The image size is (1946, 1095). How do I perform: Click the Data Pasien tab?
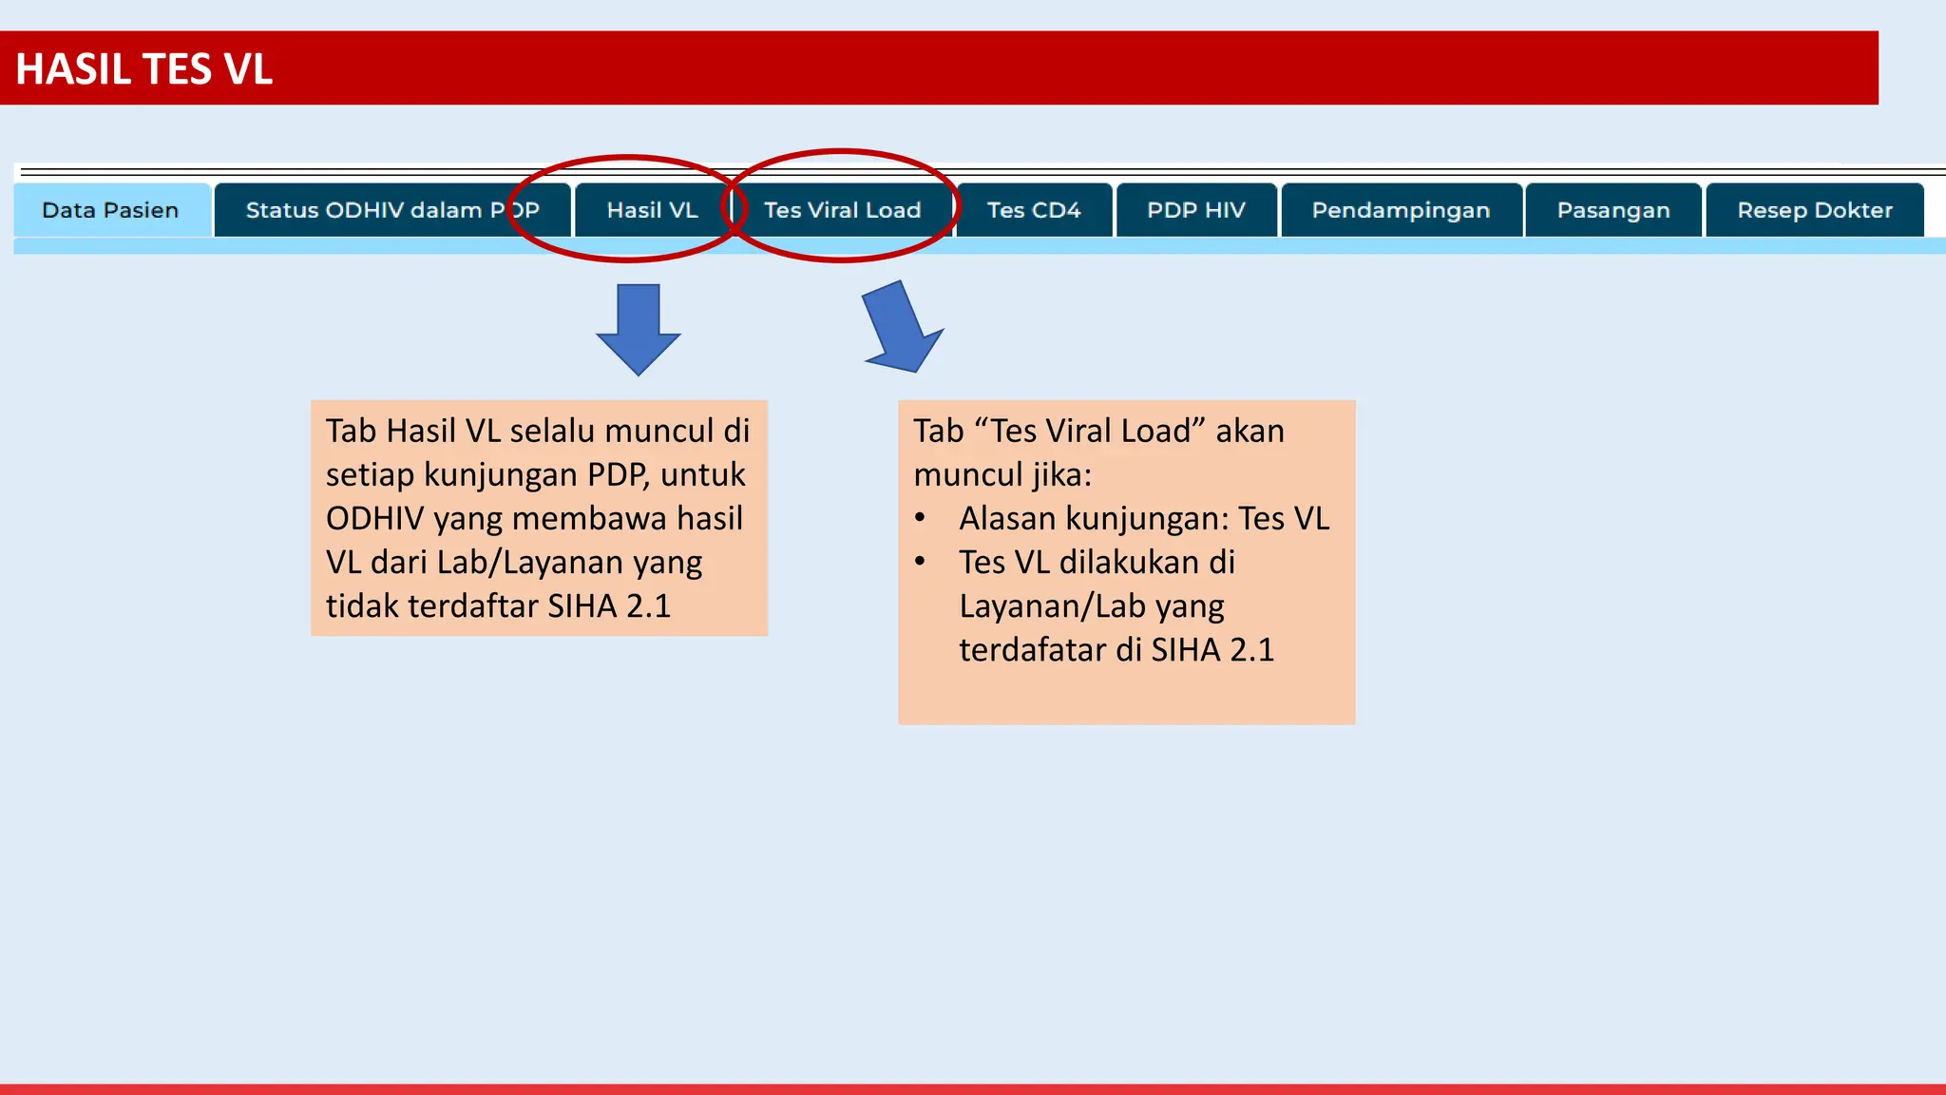[x=110, y=210]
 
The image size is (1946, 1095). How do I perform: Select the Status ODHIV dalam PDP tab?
[x=391, y=210]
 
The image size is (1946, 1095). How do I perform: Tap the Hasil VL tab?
[x=652, y=210]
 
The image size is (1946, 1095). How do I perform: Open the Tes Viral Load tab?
[x=842, y=210]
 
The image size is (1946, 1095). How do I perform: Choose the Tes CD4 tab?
[x=1033, y=210]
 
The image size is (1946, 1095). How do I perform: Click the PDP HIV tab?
[x=1195, y=210]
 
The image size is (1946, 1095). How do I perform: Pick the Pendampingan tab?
[x=1401, y=210]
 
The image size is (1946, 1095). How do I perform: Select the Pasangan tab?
[x=1612, y=210]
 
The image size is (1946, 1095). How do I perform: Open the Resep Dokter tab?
[x=1814, y=210]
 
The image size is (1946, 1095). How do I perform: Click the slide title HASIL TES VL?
[x=144, y=69]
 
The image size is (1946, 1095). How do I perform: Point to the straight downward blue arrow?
[x=639, y=329]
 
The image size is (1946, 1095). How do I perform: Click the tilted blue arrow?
[x=901, y=328]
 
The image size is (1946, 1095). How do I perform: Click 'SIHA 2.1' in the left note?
[x=609, y=606]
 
